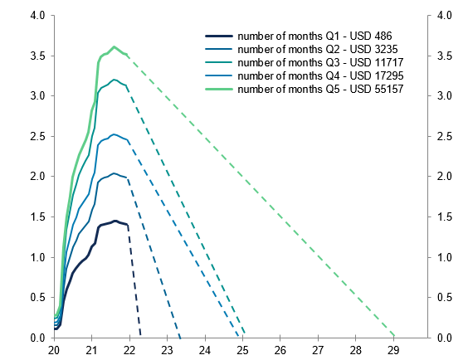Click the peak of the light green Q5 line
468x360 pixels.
[x=115, y=47]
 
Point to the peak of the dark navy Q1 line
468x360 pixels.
[x=115, y=221]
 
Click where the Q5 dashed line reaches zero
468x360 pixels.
[x=395, y=337]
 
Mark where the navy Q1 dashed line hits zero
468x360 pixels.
[x=141, y=337]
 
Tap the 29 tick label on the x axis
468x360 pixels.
[x=393, y=350]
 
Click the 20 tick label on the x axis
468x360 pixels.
[x=54, y=350]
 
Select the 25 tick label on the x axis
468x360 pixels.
[x=242, y=350]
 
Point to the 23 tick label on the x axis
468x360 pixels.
[x=167, y=350]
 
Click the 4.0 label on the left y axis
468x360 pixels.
[x=38, y=16]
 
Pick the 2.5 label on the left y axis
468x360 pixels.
[x=38, y=136]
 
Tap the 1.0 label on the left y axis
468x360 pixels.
[x=38, y=257]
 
